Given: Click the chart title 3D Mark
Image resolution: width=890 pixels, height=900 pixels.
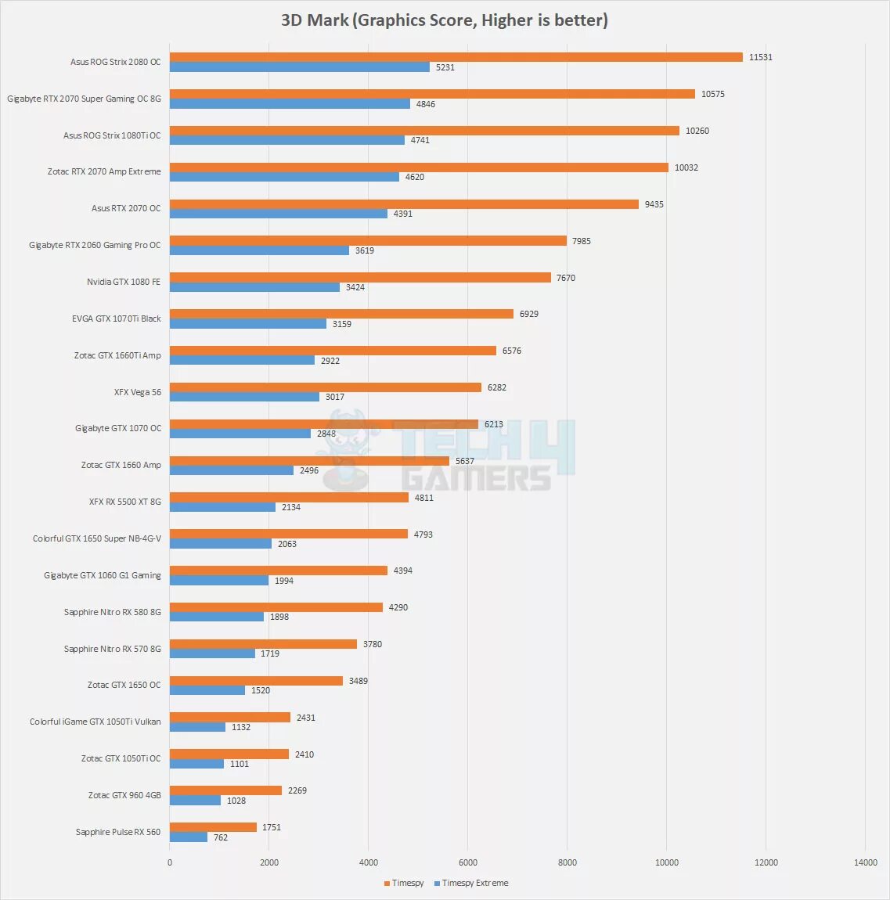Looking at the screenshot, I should tap(444, 20).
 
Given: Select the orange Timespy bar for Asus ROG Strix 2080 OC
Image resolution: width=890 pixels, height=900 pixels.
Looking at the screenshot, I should tap(456, 57).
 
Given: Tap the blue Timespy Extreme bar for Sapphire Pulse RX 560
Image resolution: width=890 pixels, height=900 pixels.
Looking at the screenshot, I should tap(189, 837).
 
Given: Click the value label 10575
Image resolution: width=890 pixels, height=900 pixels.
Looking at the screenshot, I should tap(712, 94).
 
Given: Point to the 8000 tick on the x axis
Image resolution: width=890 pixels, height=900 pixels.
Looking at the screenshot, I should tap(568, 862).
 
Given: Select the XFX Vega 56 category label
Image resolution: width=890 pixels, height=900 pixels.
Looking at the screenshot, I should tap(137, 392).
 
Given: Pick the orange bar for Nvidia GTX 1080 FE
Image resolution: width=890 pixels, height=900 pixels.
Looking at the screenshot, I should tap(360, 278).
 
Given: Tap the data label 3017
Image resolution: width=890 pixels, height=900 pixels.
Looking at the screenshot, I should tap(334, 397).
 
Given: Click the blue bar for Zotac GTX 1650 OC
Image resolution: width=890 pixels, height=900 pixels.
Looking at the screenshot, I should tap(207, 690).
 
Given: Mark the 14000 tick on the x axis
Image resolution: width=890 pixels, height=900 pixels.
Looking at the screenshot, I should tap(865, 862).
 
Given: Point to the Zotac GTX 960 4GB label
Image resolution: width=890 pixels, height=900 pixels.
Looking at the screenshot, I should tap(124, 795).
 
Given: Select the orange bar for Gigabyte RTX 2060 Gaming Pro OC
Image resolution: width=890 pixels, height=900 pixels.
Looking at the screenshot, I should tap(368, 241).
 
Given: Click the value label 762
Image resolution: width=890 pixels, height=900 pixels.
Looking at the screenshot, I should tap(221, 837).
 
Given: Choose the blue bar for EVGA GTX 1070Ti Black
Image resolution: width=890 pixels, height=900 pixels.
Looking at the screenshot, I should tap(248, 324).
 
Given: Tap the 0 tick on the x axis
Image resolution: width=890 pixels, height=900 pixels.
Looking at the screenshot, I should tap(170, 862).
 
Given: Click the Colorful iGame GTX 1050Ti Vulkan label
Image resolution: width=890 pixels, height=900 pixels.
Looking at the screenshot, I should tap(95, 722).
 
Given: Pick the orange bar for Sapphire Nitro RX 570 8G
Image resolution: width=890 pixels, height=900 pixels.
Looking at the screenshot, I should tap(263, 644).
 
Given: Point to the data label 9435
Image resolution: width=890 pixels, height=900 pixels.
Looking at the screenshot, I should tap(654, 204).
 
